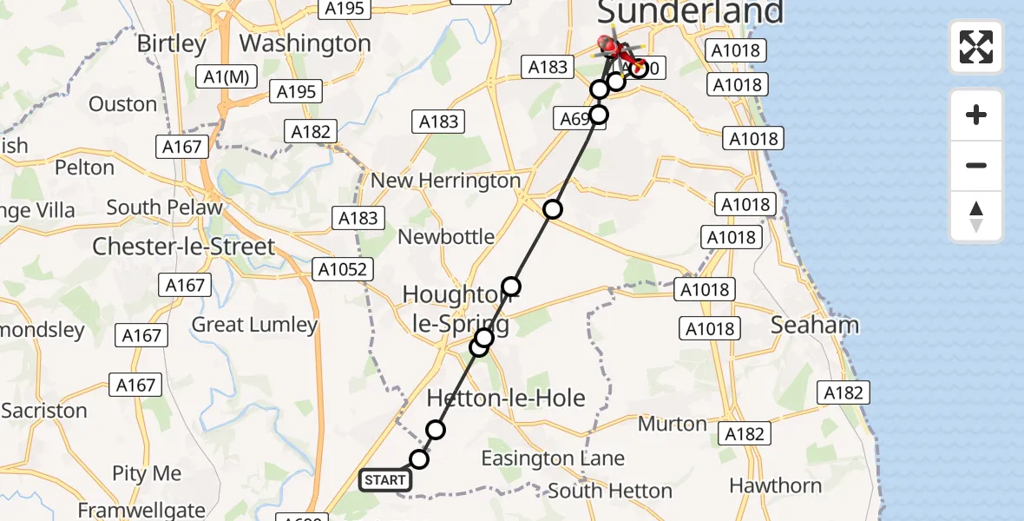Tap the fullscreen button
pos(975,47)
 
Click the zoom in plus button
pos(975,115)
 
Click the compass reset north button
pos(975,216)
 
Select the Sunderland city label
pos(690,12)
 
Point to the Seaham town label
pos(815,325)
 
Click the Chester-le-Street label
pos(183,246)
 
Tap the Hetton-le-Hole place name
pos(506,398)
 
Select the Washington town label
pos(305,43)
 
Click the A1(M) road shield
pos(226,76)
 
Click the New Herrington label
pos(446,181)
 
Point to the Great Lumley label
pos(254,325)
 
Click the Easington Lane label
pos(553,458)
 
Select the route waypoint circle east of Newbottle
pos(553,209)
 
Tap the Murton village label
pos(673,424)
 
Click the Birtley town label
pos(172,43)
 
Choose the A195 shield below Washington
pos(296,91)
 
